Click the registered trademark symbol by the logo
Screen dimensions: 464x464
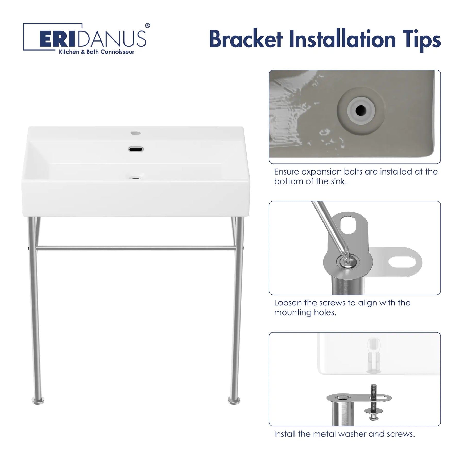(x=147, y=26)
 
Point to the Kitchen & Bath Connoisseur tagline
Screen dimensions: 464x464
(x=96, y=52)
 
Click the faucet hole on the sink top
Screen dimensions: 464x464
(x=136, y=133)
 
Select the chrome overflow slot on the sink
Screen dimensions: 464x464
(x=136, y=149)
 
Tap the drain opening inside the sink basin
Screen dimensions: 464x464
(x=136, y=178)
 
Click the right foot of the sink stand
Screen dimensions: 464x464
(x=234, y=400)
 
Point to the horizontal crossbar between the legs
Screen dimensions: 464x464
(x=136, y=248)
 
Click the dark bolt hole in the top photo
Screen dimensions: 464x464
(x=361, y=111)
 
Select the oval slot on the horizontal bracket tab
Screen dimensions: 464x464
(x=402, y=262)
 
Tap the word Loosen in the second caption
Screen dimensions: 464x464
(x=288, y=303)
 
